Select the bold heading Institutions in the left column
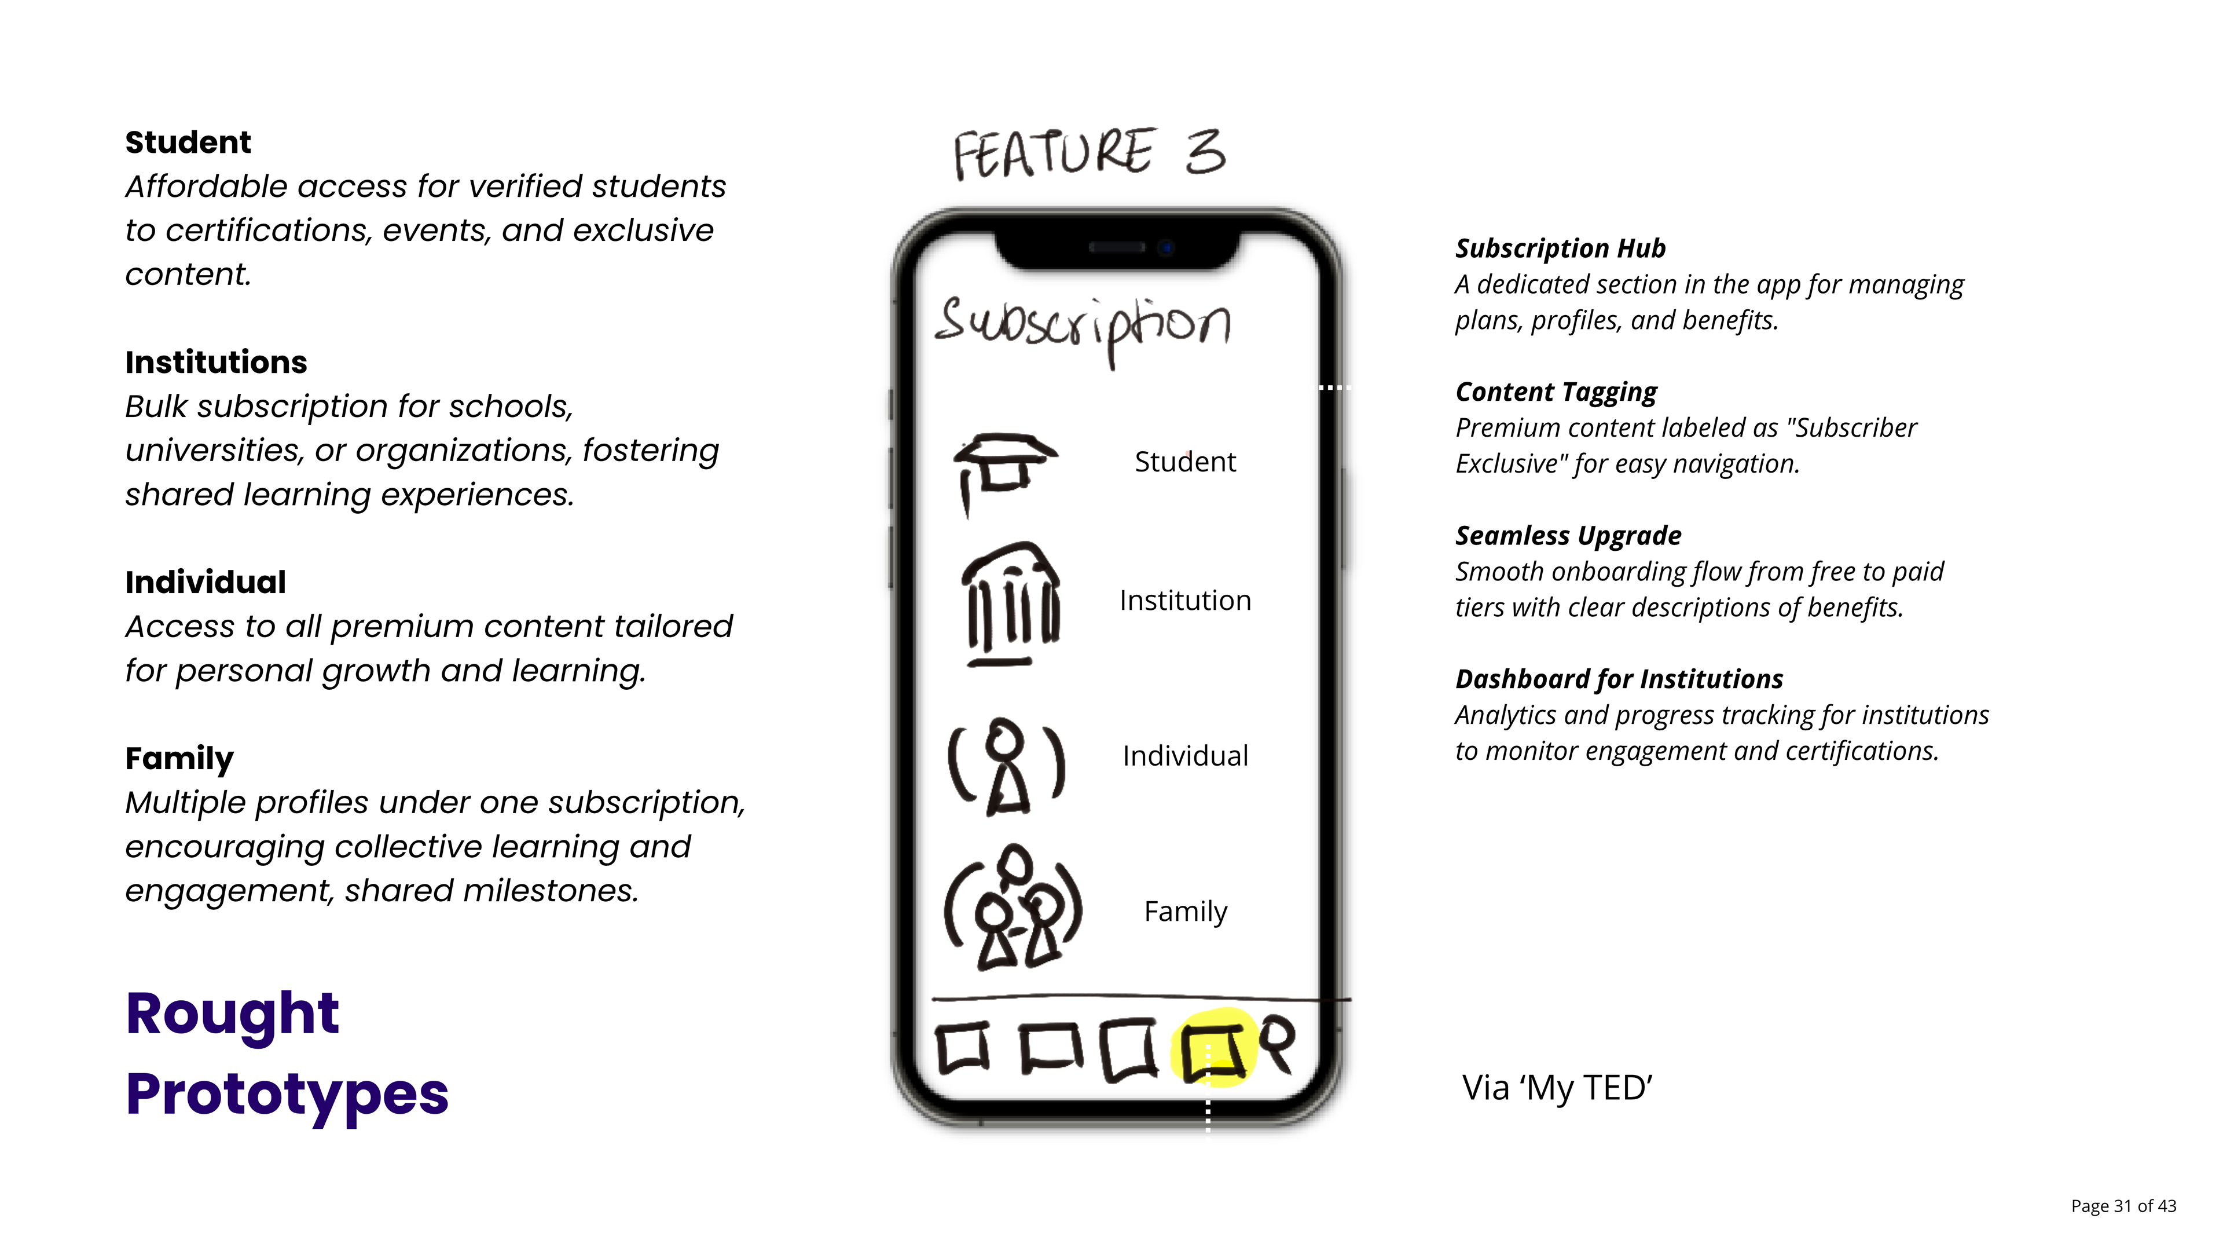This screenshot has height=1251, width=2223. [216, 362]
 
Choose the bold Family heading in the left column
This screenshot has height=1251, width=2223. [179, 758]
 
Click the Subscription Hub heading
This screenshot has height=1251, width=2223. [1560, 248]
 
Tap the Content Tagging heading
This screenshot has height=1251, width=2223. [1555, 392]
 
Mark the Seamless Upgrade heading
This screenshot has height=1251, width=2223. [1567, 535]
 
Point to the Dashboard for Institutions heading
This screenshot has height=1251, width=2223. [1618, 679]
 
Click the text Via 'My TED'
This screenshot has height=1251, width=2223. [1556, 1088]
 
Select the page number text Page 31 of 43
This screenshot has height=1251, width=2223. [2123, 1206]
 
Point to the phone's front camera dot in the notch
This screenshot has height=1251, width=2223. [1166, 248]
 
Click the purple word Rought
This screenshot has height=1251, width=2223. [232, 1014]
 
